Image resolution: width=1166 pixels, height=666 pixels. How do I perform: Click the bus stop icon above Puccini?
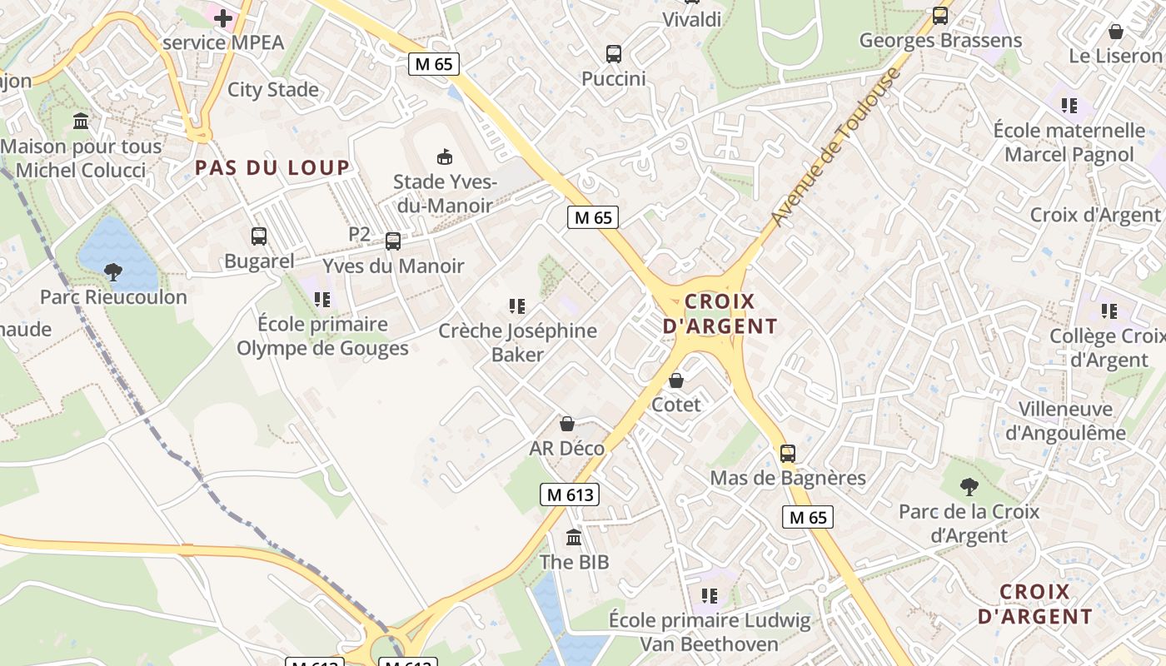614,54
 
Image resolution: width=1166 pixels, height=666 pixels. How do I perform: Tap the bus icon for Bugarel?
259,236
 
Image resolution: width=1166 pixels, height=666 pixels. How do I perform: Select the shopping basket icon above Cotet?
676,380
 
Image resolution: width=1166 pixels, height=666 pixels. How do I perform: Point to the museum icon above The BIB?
574,537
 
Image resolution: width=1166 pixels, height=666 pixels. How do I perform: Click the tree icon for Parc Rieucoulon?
113,271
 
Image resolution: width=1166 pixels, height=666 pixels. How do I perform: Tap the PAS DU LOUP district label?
272,167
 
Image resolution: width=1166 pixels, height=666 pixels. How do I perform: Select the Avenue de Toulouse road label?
835,147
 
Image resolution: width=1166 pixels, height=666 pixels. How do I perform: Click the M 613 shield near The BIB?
570,495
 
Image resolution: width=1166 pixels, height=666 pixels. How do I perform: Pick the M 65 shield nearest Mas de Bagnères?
808,517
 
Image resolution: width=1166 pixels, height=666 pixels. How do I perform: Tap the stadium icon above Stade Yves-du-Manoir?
445,157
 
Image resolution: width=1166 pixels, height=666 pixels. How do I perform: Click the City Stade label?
273,90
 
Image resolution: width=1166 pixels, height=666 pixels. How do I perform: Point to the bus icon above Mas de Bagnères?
788,454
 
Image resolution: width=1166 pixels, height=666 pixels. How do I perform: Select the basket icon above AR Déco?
567,424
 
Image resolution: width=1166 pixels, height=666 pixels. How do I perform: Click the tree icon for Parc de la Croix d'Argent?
969,486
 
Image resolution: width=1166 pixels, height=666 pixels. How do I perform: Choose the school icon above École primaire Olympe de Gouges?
322,299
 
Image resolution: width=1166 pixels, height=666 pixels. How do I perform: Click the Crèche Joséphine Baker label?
517,342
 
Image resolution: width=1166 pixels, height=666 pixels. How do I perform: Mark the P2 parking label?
359,235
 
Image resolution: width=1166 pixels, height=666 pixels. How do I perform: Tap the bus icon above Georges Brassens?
940,16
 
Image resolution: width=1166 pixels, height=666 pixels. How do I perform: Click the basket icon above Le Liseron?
1116,32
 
